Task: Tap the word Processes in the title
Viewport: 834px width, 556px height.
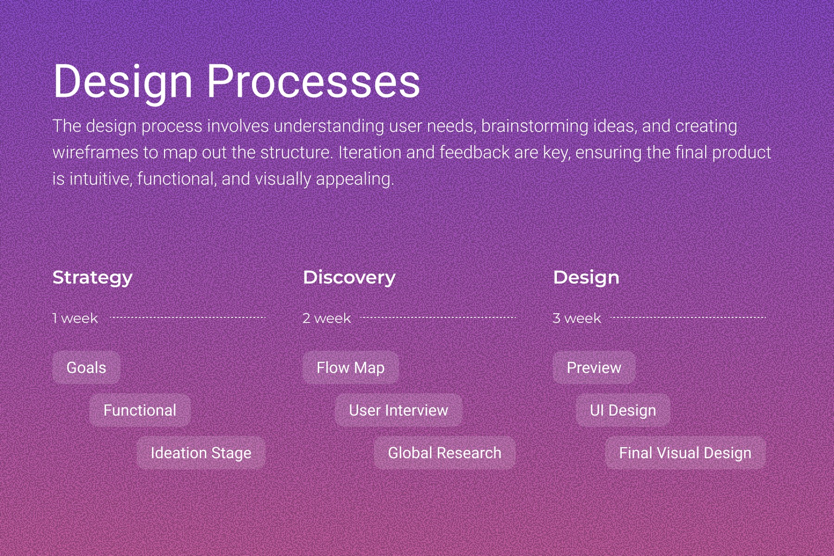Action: pyautogui.click(x=313, y=81)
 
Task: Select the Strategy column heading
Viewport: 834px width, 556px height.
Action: pyautogui.click(x=93, y=278)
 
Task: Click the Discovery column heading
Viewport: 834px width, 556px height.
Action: pyautogui.click(x=349, y=278)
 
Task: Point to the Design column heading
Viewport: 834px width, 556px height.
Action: pyautogui.click(x=586, y=278)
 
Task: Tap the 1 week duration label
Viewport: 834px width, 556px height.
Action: pyautogui.click(x=75, y=318)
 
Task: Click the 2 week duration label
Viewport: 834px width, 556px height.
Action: pyautogui.click(x=327, y=318)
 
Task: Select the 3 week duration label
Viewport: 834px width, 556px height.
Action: pyautogui.click(x=577, y=318)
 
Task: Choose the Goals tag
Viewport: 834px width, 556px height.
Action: pyautogui.click(x=86, y=367)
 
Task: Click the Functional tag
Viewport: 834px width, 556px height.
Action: pyautogui.click(x=140, y=410)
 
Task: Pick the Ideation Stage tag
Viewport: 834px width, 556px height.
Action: pyautogui.click(x=201, y=453)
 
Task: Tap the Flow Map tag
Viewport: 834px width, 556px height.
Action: pyautogui.click(x=351, y=367)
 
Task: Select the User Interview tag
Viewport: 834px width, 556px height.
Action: pyautogui.click(x=398, y=410)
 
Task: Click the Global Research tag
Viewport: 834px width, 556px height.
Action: pyautogui.click(x=445, y=453)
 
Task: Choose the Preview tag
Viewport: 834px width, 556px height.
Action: pyautogui.click(x=594, y=367)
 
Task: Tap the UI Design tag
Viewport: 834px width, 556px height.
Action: pyautogui.click(x=623, y=410)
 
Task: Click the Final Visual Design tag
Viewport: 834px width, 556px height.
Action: pyautogui.click(x=685, y=453)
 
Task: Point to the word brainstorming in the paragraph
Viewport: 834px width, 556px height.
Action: pyautogui.click(x=535, y=126)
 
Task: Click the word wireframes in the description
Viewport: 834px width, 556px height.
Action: pyautogui.click(x=95, y=152)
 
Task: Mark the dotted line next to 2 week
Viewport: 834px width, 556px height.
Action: pyautogui.click(x=438, y=317)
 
